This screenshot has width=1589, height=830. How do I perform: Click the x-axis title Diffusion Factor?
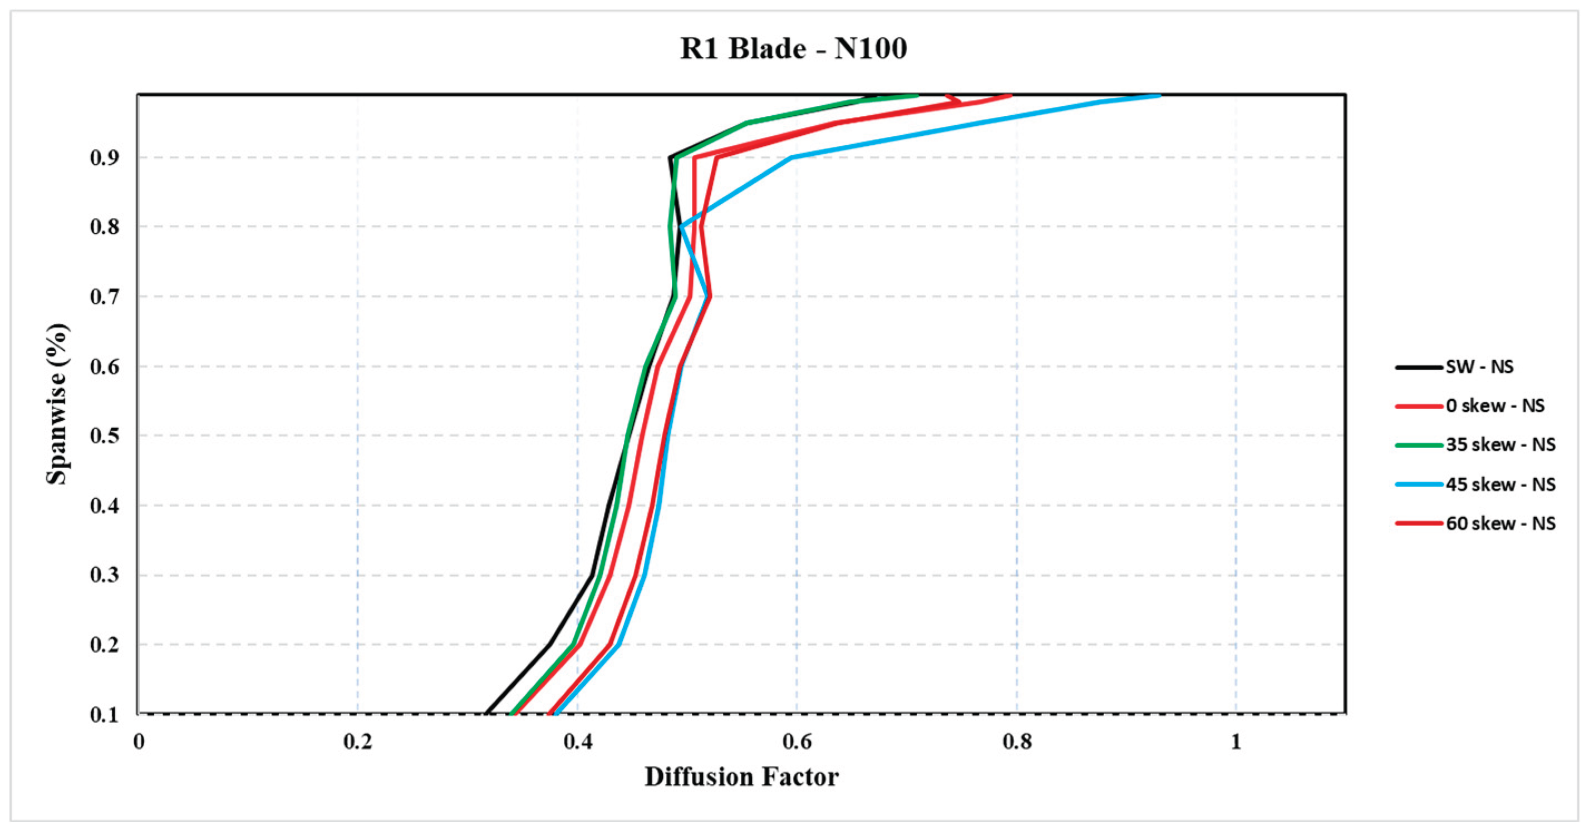click(x=741, y=777)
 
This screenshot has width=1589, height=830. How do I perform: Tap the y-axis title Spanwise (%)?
click(x=57, y=404)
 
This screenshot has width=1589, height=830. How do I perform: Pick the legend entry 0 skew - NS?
click(x=1469, y=405)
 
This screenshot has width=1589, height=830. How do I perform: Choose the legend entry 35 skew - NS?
click(x=1475, y=444)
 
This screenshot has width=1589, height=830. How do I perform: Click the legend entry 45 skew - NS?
click(x=1475, y=484)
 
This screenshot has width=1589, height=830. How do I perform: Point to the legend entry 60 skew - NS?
click(x=1475, y=523)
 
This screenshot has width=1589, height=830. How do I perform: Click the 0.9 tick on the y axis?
click(x=104, y=158)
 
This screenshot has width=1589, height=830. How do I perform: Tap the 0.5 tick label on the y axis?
click(x=104, y=436)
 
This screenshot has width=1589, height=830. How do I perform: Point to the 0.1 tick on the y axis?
click(x=104, y=715)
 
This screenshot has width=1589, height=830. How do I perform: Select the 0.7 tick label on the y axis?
click(x=104, y=297)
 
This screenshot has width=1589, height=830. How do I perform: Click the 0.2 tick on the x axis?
click(x=358, y=741)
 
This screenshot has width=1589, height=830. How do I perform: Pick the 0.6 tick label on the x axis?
click(x=797, y=741)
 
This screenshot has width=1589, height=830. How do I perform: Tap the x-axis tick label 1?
click(x=1236, y=741)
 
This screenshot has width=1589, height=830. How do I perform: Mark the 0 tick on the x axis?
click(x=139, y=741)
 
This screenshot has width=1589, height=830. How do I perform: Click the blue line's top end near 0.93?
click(x=1160, y=95)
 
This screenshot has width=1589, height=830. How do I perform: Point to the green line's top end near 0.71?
click(x=918, y=95)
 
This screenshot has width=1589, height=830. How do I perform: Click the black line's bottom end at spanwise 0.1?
click(x=486, y=714)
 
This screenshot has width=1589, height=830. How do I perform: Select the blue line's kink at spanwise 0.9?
click(x=792, y=158)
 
